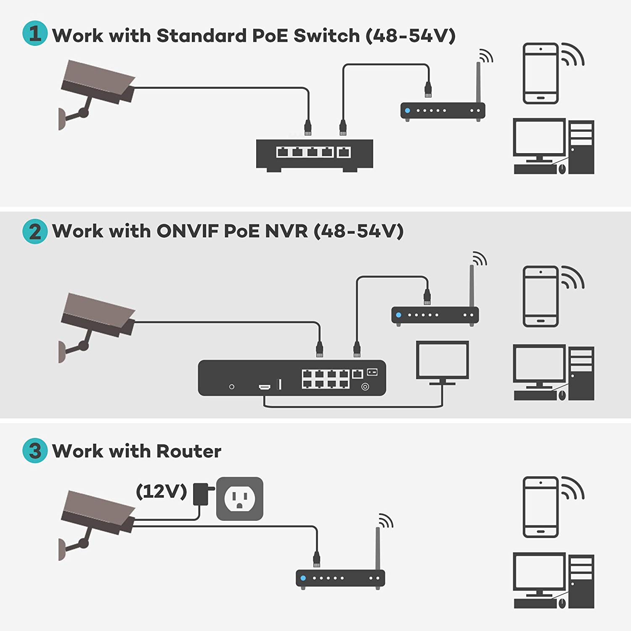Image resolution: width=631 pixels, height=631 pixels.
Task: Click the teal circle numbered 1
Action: pyautogui.click(x=34, y=33)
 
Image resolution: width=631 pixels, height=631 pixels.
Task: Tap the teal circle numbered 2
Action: pyautogui.click(x=34, y=231)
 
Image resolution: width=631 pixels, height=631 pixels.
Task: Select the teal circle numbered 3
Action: pyautogui.click(x=34, y=451)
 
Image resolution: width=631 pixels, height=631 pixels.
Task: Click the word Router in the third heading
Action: pyautogui.click(x=188, y=451)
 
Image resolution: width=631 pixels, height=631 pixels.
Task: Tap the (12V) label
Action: pyautogui.click(x=161, y=491)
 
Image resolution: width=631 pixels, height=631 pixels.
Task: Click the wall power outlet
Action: pyautogui.click(x=239, y=498)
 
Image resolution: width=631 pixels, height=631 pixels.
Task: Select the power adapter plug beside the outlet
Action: pyautogui.click(x=201, y=494)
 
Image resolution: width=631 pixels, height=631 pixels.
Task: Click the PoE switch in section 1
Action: pyautogui.click(x=314, y=154)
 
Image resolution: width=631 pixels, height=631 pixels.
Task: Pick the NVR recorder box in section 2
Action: pyautogui.click(x=292, y=378)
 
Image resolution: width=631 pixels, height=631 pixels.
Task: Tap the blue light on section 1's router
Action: pyautogui.click(x=407, y=111)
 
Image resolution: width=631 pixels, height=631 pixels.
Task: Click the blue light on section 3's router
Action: pyautogui.click(x=303, y=578)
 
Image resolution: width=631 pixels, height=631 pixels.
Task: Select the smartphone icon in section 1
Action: pyautogui.click(x=541, y=74)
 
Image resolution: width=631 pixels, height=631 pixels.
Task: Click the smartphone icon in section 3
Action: pyautogui.click(x=541, y=507)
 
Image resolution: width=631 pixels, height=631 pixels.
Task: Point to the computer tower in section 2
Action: pyautogui.click(x=581, y=373)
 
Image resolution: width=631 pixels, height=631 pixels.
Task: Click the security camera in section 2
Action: pyautogui.click(x=97, y=320)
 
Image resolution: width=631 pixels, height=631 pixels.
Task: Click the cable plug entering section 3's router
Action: pyautogui.click(x=316, y=559)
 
